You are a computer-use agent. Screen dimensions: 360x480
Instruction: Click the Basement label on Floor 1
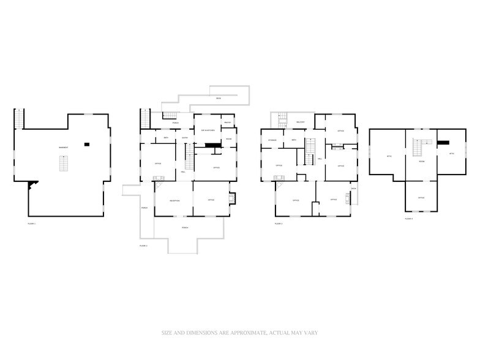tap(62, 148)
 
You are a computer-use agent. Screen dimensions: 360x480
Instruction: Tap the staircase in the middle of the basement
tap(62, 163)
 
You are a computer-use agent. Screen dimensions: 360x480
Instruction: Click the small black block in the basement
tap(87, 144)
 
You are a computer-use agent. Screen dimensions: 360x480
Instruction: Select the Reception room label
tap(174, 200)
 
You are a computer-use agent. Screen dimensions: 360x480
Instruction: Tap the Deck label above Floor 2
tap(218, 99)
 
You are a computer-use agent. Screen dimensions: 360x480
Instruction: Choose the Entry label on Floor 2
tap(184, 138)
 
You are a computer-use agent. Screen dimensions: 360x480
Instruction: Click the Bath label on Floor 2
tap(165, 138)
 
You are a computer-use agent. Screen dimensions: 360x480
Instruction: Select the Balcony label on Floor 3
tap(301, 122)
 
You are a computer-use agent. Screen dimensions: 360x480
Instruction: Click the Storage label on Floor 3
tap(272, 140)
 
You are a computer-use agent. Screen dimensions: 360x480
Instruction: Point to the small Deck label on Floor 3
tap(353, 188)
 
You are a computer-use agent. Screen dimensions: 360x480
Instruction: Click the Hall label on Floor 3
tap(320, 159)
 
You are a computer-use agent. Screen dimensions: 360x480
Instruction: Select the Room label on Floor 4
tap(421, 161)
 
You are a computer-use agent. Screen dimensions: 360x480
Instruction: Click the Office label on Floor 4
tap(421, 198)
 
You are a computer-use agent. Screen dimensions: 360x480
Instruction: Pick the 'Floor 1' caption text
tap(32, 224)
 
